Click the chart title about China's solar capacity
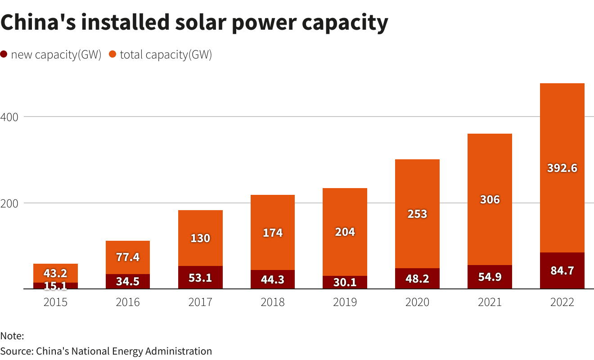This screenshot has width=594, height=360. tap(194, 22)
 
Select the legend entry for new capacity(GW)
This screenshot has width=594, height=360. tap(51, 55)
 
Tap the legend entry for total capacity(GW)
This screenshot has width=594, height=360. tap(160, 55)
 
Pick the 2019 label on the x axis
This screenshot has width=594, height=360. tap(345, 302)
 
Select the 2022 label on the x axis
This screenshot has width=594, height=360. tap(562, 302)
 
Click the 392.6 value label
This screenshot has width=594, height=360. tap(562, 168)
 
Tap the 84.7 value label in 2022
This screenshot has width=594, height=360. tap(562, 271)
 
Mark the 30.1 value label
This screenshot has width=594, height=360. tap(345, 282)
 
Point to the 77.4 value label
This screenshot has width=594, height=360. tap(128, 257)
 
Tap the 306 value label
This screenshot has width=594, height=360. tap(490, 199)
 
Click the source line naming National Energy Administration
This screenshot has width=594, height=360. tap(106, 351)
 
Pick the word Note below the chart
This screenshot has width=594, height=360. tap(12, 336)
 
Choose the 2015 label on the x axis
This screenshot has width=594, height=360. tap(55, 302)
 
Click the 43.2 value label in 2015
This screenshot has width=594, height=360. tap(55, 273)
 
